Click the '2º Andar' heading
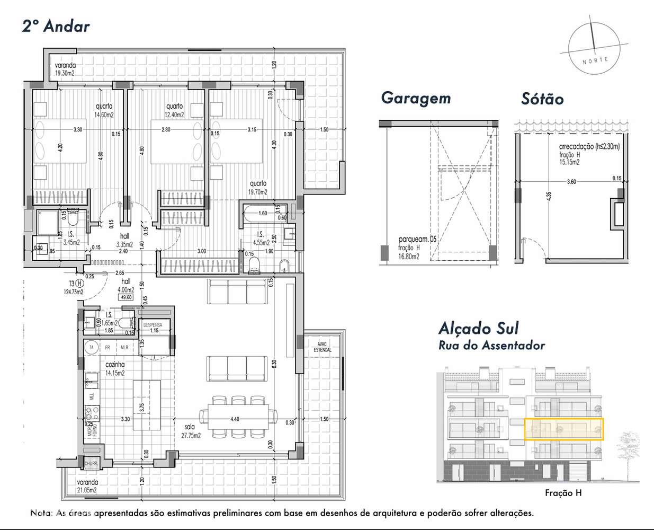pos(56,26)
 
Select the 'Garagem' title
pos(416,98)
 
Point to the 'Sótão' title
pos(542,99)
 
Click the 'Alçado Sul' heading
pos(478,328)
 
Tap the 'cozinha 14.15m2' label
pos(114,369)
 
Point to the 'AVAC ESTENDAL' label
pos(322,347)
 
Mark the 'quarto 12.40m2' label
pos(174,110)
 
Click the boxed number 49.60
pos(126,297)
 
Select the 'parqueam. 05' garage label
pos(417,239)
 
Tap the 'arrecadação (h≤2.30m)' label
pos(589,147)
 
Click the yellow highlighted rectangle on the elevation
pos(563,429)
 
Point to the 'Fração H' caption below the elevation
pos(563,493)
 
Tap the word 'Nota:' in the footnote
pos(41,513)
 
